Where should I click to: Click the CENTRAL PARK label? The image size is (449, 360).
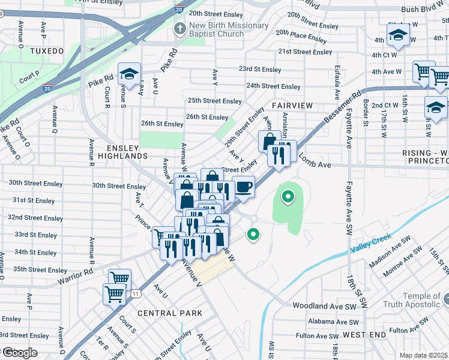click(166, 313)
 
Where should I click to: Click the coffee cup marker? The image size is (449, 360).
click(243, 187)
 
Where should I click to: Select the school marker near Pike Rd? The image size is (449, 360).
click(129, 74)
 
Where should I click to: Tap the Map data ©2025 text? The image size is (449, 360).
click(423, 355)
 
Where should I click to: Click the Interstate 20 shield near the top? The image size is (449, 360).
click(179, 9)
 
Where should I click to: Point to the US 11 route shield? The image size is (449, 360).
click(137, 293)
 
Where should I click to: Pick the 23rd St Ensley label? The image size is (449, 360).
click(259, 70)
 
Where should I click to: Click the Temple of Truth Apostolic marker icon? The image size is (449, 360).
click(447, 298)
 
